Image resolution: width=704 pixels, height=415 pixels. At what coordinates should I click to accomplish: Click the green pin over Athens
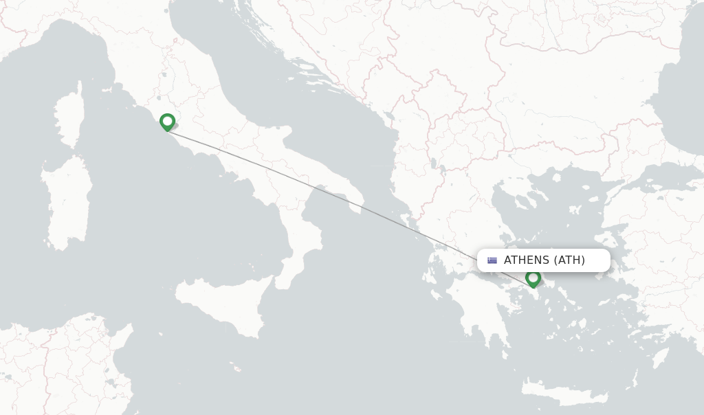pos(533,278)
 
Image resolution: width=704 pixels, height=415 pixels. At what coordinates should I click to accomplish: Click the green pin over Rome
pos(167,122)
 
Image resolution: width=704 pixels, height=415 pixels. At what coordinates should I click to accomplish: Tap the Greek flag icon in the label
pos(492,260)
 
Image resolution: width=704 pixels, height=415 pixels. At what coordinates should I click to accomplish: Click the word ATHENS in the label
pos(527,260)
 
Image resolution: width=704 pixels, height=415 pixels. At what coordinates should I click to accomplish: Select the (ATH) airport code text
pos(569,260)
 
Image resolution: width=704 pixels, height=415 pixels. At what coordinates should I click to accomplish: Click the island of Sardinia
pos(67,203)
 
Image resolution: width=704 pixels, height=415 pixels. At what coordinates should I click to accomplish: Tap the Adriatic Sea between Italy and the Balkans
pos(261,89)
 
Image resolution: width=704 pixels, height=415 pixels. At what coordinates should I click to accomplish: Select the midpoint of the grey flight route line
pos(350,200)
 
